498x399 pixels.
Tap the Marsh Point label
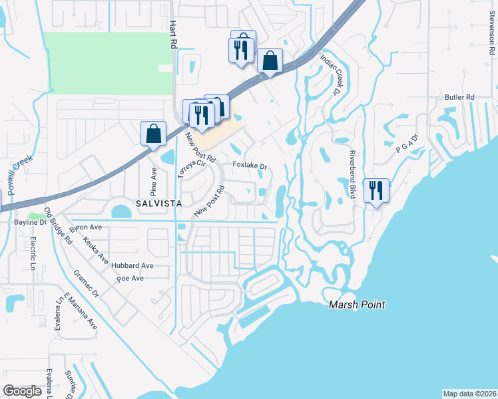[358, 305]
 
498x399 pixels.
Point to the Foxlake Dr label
[249, 166]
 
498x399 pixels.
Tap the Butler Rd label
[459, 97]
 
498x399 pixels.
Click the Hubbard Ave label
[132, 265]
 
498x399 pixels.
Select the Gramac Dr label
[86, 283]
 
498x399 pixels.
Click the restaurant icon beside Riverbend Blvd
[376, 190]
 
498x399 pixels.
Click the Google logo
[22, 391]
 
